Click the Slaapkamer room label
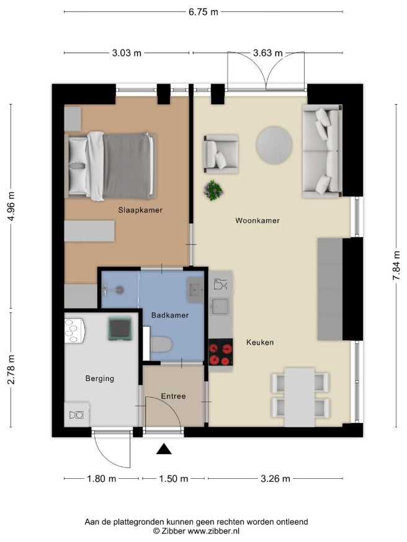tap(140, 210)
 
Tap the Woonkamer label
tap(257, 221)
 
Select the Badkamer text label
tap(170, 315)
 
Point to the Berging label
tap(100, 378)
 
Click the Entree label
tap(173, 396)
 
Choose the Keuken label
tap(260, 342)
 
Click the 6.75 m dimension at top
tap(204, 12)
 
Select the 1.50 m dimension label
tap(173, 479)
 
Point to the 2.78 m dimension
tap(11, 370)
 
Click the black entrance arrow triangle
tap(164, 449)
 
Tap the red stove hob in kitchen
tap(220, 352)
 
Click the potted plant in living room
tap(213, 190)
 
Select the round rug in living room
tap(274, 145)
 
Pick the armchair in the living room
tap(221, 154)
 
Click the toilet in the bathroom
tap(161, 344)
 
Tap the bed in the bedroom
tap(110, 166)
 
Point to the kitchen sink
tap(220, 307)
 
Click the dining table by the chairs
tap(300, 397)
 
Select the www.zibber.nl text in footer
tap(213, 531)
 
